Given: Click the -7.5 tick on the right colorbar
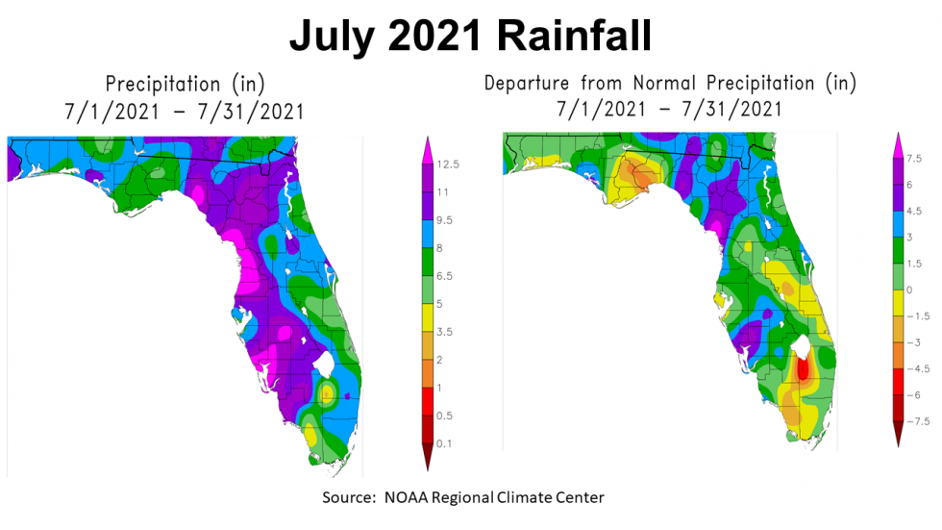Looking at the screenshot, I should [921, 421].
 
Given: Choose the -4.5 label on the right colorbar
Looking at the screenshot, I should [921, 368].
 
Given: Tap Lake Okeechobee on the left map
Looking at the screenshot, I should [326, 365].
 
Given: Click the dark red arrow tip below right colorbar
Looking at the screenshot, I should [899, 441].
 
